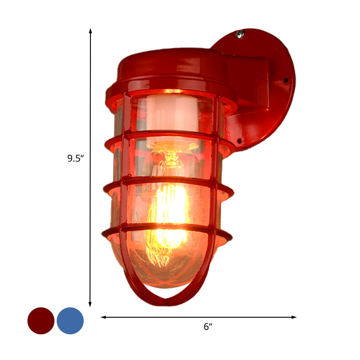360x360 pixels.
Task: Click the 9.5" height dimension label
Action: (x=76, y=158)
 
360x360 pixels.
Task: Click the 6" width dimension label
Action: (x=207, y=327)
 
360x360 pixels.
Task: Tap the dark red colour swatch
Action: (x=41, y=321)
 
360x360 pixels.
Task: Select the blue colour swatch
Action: (x=70, y=321)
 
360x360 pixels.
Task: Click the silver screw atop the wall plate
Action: (x=240, y=34)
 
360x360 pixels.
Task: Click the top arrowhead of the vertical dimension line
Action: (x=90, y=31)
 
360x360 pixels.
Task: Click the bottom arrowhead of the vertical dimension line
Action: (x=90, y=305)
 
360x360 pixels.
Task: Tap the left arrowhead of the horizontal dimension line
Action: (x=103, y=317)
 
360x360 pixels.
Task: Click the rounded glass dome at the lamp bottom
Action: (x=166, y=270)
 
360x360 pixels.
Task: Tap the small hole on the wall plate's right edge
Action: (x=286, y=80)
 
